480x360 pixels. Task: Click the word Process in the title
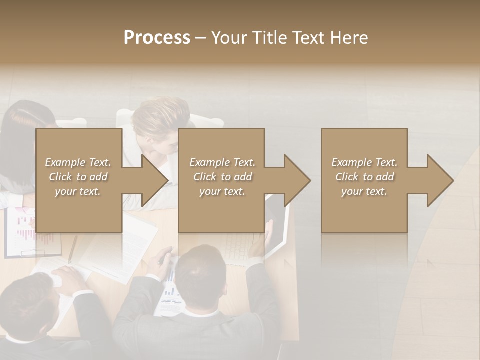[x=157, y=38]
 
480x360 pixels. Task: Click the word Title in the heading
[x=269, y=38]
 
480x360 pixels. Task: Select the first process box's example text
[x=78, y=177]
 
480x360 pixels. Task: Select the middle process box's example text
[x=222, y=177]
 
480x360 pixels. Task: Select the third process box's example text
[x=364, y=177]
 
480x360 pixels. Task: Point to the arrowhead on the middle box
[x=296, y=180]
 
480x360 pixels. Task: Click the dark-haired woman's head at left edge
[x=25, y=125]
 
